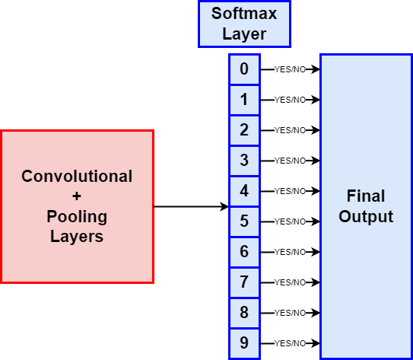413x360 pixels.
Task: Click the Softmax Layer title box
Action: point(244,24)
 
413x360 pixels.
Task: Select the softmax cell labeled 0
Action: point(244,69)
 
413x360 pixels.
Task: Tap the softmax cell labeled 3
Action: point(244,161)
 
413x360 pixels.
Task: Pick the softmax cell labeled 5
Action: point(244,221)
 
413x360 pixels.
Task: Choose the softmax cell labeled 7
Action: point(244,282)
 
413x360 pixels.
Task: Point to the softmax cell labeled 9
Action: point(244,343)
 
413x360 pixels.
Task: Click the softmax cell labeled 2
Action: point(244,130)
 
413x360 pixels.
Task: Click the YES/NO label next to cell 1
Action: point(290,100)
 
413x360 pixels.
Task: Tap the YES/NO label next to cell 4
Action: point(290,191)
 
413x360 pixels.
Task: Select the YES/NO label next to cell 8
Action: point(290,313)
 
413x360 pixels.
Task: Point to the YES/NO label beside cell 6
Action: point(290,252)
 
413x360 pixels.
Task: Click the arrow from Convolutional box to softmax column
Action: point(191,206)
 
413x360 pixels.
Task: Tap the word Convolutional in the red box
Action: point(77,176)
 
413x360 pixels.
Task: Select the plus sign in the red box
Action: point(77,196)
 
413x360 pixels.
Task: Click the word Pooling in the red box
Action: point(77,218)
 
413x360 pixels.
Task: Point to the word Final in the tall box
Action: point(366,196)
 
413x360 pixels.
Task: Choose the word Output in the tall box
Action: point(366,217)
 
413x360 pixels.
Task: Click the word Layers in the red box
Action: point(77,237)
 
